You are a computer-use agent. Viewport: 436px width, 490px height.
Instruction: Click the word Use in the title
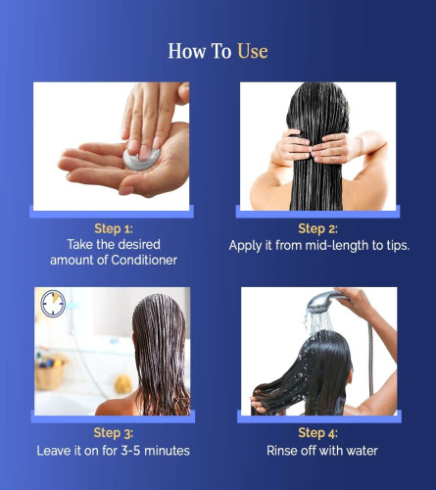253,51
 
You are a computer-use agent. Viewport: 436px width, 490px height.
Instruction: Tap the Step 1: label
114,228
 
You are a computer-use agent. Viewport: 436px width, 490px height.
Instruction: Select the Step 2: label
317,228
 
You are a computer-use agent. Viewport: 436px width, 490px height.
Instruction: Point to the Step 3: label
114,433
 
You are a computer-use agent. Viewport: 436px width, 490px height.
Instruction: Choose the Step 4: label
317,433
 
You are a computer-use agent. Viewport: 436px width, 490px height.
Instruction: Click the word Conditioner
144,260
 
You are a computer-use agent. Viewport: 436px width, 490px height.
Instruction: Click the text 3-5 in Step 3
130,451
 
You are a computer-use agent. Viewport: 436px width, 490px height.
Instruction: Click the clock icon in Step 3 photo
53,304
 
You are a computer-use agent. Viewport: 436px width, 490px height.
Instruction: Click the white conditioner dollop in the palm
141,160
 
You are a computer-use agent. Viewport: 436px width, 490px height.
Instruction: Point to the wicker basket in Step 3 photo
51,372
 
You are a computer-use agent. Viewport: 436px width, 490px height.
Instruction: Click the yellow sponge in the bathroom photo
123,384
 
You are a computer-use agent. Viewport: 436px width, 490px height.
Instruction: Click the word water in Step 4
362,451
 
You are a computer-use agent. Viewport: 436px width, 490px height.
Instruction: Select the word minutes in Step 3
167,451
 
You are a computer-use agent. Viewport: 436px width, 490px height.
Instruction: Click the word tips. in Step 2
398,246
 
